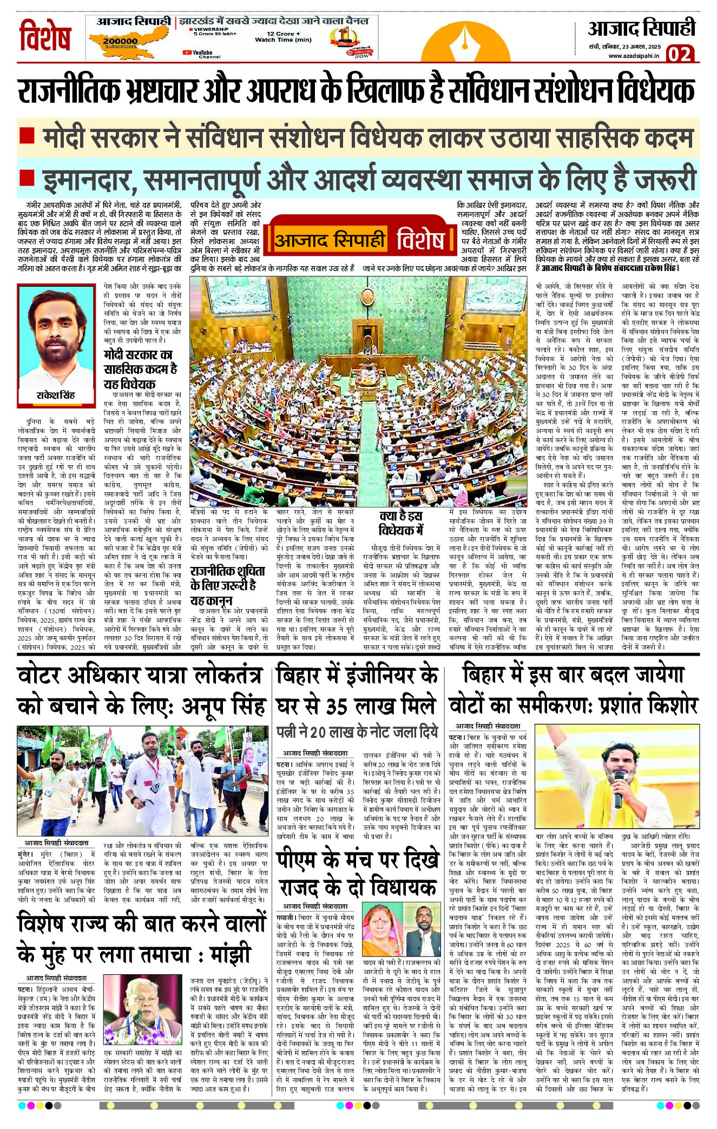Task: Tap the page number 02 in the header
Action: click(x=679, y=54)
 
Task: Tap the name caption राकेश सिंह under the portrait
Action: click(x=56, y=395)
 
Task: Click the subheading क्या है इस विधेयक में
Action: click(x=400, y=523)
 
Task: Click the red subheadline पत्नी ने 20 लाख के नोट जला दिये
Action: click(x=357, y=732)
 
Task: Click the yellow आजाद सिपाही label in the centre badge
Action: click(x=330, y=240)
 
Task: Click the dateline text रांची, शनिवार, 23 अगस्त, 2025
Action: click(x=625, y=47)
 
